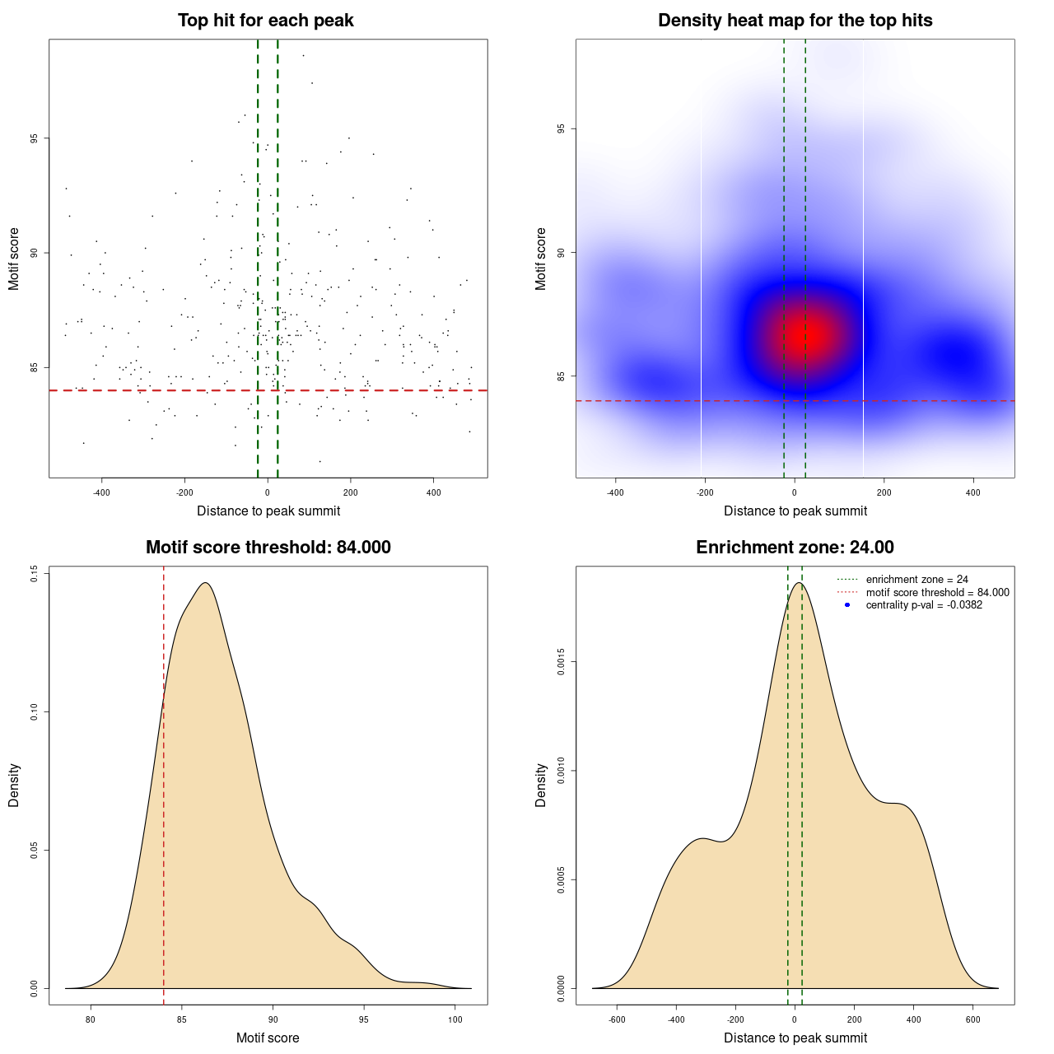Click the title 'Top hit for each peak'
coord(266,21)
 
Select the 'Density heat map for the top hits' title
coord(795,21)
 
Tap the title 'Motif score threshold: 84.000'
coord(268,548)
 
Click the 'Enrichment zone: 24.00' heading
coord(795,548)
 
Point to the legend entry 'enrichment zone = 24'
coord(916,580)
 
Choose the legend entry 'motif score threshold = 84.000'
coord(937,592)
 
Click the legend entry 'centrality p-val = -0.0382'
coord(924,604)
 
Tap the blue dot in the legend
coord(847,604)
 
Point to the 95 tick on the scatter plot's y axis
coord(34,138)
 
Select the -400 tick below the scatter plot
coord(101,492)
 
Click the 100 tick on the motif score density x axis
coord(455,1019)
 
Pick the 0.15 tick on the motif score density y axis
coord(34,574)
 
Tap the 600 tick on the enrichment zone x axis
coord(973,1019)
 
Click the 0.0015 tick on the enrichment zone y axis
coord(561,662)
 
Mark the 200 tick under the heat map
coord(884,492)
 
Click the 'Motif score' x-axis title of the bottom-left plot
coord(268,1038)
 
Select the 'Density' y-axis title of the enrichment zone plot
coord(541,785)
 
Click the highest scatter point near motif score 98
coord(303,55)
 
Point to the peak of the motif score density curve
coord(205,583)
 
